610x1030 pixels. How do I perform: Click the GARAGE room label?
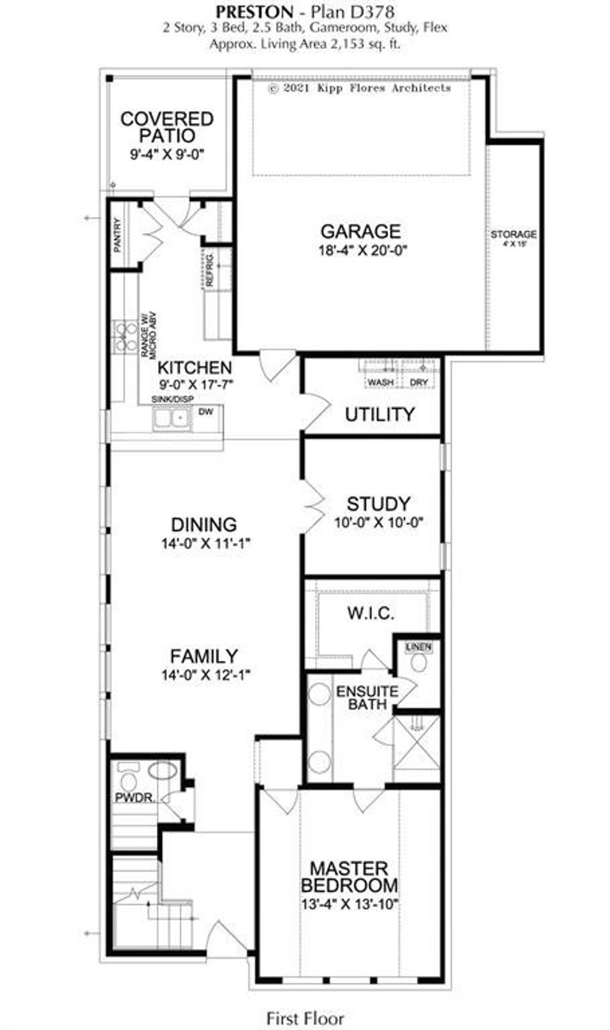(x=360, y=232)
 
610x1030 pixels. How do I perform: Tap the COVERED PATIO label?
(x=167, y=127)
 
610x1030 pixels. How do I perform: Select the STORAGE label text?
(x=513, y=235)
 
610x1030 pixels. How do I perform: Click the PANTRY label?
(x=118, y=235)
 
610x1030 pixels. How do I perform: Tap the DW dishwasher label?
(x=206, y=411)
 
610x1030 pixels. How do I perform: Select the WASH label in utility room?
(x=380, y=382)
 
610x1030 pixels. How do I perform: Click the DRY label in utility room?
(x=418, y=382)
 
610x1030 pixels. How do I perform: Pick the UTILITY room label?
(x=379, y=414)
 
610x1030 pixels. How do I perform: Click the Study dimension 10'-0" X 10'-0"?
(x=379, y=522)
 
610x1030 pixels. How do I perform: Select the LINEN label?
(x=419, y=647)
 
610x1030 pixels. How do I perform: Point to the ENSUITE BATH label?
(x=367, y=697)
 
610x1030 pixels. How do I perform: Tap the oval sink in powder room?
(x=163, y=771)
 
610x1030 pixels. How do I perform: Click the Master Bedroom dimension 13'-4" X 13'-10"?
(x=349, y=904)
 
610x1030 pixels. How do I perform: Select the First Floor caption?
(x=305, y=1019)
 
